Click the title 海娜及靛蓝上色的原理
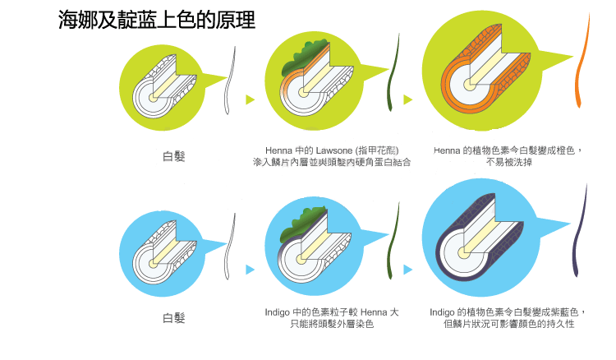click(x=157, y=21)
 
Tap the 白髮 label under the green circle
click(x=174, y=156)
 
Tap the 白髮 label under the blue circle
click(x=174, y=318)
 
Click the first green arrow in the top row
click(x=250, y=99)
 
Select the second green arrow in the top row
click(x=407, y=99)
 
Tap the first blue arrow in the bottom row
click(x=250, y=269)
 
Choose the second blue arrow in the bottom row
click(x=407, y=269)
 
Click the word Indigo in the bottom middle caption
click(x=278, y=312)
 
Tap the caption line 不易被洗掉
click(x=508, y=163)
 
